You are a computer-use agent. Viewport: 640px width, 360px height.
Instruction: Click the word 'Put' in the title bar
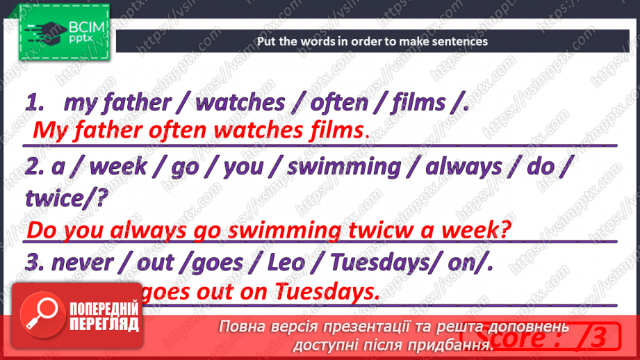point(266,41)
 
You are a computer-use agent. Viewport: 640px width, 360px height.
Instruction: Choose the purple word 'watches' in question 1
point(240,103)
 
